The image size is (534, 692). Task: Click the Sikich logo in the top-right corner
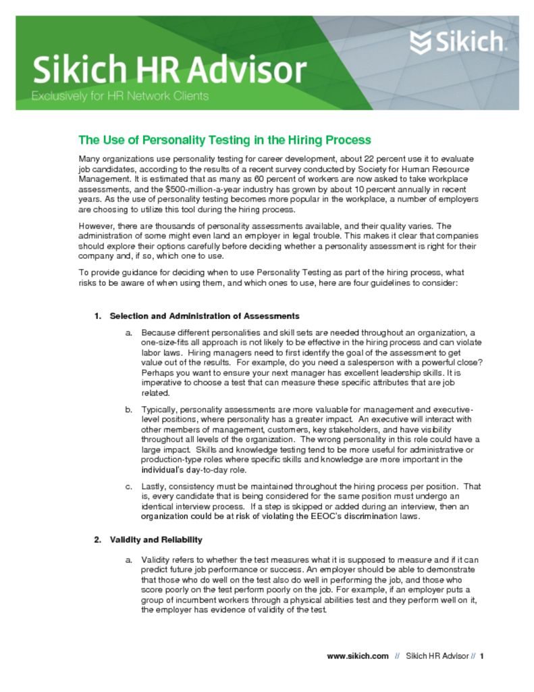(456, 44)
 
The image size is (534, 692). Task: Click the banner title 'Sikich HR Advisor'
(169, 70)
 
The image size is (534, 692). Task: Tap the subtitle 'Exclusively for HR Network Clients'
(119, 96)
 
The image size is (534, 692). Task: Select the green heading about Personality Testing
(225, 141)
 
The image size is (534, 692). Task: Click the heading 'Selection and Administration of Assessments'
(205, 316)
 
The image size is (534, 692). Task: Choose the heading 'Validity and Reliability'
(156, 540)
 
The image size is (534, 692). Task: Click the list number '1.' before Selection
(97, 316)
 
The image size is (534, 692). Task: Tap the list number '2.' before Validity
(97, 540)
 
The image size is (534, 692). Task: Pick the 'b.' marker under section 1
(128, 410)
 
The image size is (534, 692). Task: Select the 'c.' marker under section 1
(128, 487)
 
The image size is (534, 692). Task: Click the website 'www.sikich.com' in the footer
(357, 656)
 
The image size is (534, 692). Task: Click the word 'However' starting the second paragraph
(97, 226)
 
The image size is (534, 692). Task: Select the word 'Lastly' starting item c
(153, 487)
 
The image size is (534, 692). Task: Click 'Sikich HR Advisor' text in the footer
(437, 656)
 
